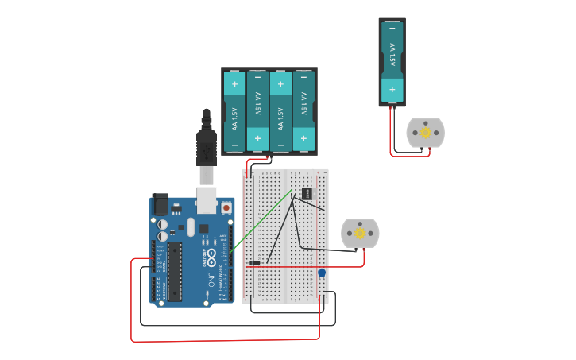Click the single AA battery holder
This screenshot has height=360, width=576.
[392, 61]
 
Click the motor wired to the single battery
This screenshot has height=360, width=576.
[425, 133]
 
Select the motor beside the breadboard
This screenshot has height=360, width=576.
[360, 233]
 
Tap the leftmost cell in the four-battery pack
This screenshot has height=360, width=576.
[234, 111]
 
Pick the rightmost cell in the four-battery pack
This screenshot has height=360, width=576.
[303, 111]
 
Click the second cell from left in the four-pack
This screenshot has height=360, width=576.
[257, 111]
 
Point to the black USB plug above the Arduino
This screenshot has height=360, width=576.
[207, 143]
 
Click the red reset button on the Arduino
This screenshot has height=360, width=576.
[226, 207]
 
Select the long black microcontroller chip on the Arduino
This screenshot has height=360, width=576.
[175, 271]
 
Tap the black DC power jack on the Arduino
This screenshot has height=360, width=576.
[160, 205]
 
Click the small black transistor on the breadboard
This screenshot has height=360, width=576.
[306, 193]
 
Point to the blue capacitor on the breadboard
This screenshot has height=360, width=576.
[322, 273]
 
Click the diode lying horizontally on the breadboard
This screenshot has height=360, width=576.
[254, 262]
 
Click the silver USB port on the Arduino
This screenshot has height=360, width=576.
[207, 200]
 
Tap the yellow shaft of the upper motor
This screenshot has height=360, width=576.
[426, 133]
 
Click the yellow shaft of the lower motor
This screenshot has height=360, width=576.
[360, 233]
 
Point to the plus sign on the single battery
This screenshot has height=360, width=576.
[392, 89]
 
